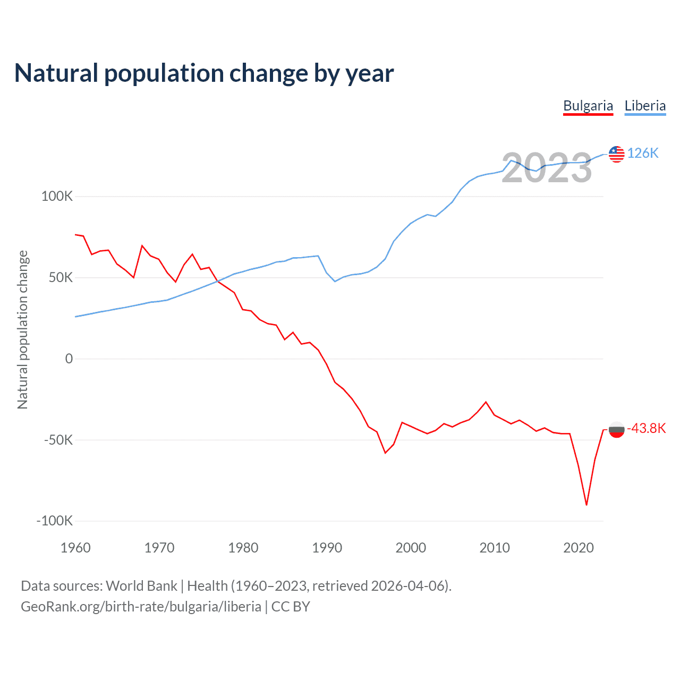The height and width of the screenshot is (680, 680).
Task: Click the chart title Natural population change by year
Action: coord(204,73)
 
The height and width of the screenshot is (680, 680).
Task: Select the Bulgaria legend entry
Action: coord(588,106)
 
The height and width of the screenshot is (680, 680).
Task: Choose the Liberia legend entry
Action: coord(645,106)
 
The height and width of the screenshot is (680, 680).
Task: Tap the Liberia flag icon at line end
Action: coord(616,154)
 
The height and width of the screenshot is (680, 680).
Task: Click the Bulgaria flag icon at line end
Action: coord(616,429)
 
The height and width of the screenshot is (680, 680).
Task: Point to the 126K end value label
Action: coord(643,154)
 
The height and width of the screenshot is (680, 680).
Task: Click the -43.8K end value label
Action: coord(646,429)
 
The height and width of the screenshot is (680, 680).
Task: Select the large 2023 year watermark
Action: coord(547,168)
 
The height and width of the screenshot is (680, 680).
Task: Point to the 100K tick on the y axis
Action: coord(57,197)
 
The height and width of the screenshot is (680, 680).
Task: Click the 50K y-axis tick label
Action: coord(60,278)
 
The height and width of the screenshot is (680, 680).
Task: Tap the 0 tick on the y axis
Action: coord(69,359)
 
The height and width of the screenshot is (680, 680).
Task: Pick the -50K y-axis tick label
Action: coord(58,440)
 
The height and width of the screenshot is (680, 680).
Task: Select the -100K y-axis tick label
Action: coord(55,521)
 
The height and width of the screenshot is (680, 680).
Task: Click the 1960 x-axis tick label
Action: coord(75,548)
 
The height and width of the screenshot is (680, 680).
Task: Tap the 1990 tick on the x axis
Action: coord(327,548)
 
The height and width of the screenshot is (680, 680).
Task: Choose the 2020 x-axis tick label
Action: coord(579,548)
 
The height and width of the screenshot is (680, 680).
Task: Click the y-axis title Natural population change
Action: coord(23,330)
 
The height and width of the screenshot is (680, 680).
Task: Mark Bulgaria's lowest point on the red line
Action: coord(586,505)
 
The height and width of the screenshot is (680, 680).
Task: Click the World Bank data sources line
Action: coord(236,586)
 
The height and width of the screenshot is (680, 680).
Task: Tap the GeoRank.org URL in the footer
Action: coord(141,607)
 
